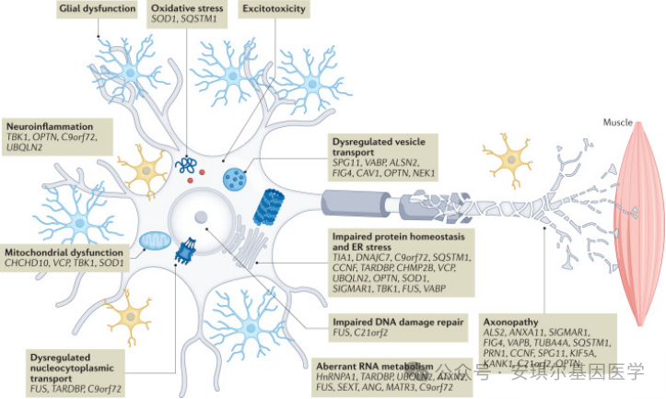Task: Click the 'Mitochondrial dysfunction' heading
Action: [64, 252]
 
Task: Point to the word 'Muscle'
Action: [617, 123]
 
